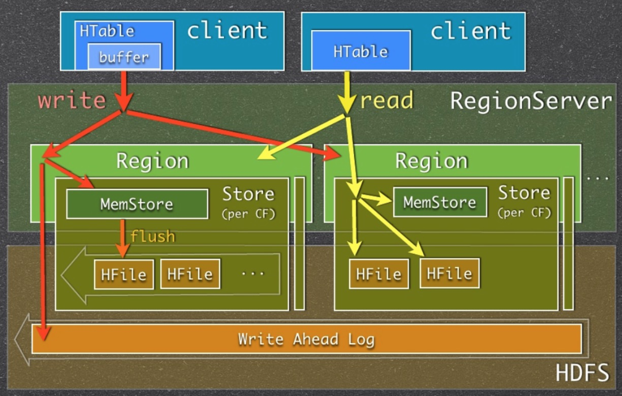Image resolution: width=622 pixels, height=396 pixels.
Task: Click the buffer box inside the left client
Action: click(124, 56)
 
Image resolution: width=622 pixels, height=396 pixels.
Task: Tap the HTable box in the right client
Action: click(361, 50)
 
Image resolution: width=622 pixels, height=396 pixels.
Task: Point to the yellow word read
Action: click(386, 100)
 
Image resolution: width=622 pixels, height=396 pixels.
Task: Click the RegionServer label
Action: click(531, 101)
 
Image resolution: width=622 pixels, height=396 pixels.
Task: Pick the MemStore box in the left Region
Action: click(137, 204)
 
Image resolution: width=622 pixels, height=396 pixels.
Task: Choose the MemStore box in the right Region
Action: click(440, 202)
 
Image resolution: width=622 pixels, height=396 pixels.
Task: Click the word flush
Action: click(153, 236)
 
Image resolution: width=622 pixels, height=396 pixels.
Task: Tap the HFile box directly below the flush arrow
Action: click(124, 275)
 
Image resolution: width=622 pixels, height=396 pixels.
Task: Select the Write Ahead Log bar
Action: click(306, 339)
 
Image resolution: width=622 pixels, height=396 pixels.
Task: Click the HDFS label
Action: click(582, 372)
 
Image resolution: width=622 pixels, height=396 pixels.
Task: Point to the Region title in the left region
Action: click(152, 161)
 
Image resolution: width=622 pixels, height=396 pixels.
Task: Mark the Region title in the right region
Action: click(431, 161)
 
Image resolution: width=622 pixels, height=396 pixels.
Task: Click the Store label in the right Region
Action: click(524, 193)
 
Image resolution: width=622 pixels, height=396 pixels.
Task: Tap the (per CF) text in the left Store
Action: click(248, 214)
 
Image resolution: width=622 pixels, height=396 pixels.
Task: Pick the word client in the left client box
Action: click(227, 31)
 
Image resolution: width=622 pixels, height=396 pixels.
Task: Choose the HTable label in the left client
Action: click(107, 31)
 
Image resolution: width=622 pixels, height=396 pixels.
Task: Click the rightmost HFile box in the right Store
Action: click(449, 273)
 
